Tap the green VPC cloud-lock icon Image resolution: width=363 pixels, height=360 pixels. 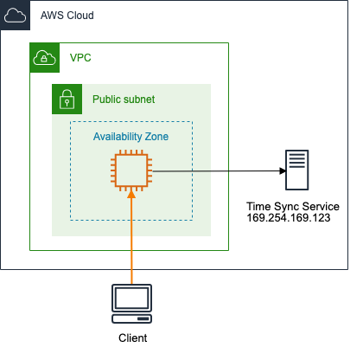[x=43, y=58]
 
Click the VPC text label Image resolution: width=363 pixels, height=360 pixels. [x=80, y=58]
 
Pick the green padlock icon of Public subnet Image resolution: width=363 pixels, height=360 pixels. [x=66, y=99]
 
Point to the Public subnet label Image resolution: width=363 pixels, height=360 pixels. [x=124, y=100]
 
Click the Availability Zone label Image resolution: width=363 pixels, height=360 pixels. [x=131, y=137]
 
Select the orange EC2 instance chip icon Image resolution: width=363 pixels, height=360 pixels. [x=131, y=170]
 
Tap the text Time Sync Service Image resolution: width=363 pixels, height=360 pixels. [x=293, y=207]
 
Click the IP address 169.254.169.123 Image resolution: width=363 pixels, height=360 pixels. [x=293, y=219]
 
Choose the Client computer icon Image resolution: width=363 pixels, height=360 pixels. [x=131, y=301]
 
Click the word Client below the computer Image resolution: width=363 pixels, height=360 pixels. [x=131, y=338]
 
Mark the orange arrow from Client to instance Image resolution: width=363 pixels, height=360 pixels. [x=131, y=242]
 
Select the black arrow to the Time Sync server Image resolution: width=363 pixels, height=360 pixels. [x=216, y=171]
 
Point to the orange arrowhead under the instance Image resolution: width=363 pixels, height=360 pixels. [x=131, y=196]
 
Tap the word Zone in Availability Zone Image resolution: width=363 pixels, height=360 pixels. [x=156, y=137]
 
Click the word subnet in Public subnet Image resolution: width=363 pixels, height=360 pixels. [x=139, y=100]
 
